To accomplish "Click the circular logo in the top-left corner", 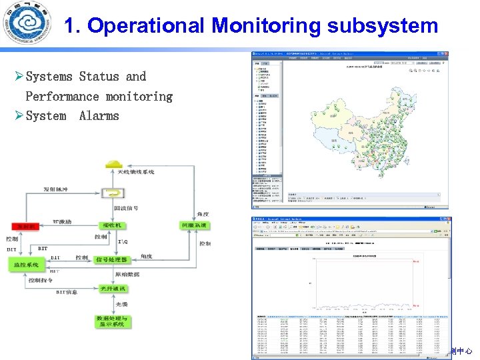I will (25, 25).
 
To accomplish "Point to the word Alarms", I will (99, 116).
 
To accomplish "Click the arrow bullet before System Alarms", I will (19, 116).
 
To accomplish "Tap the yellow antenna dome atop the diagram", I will (115, 164).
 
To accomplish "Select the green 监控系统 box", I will (28, 265).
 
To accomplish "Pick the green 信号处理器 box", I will (112, 259).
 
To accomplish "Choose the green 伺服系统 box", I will (194, 225).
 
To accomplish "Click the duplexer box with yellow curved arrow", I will (115, 193).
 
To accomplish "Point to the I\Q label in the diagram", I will (123, 241).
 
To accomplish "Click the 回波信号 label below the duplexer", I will (127, 208).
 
